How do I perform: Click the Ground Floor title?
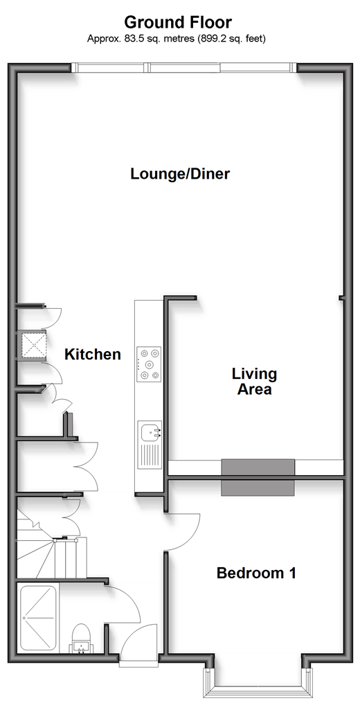pyautogui.click(x=178, y=22)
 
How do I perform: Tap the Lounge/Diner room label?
pyautogui.click(x=180, y=174)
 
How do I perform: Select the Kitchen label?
pyautogui.click(x=93, y=354)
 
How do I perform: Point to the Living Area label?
pyautogui.click(x=254, y=381)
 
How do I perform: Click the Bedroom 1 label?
pyautogui.click(x=256, y=573)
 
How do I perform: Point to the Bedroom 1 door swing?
pyautogui.click(x=185, y=532)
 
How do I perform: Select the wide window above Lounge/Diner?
pyautogui.click(x=184, y=68)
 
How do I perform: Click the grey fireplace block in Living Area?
pyautogui.click(x=258, y=467)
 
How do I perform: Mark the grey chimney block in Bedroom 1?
pyautogui.click(x=258, y=488)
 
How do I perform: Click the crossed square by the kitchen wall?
pyautogui.click(x=33, y=345)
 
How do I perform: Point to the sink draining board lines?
pyautogui.click(x=150, y=456)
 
